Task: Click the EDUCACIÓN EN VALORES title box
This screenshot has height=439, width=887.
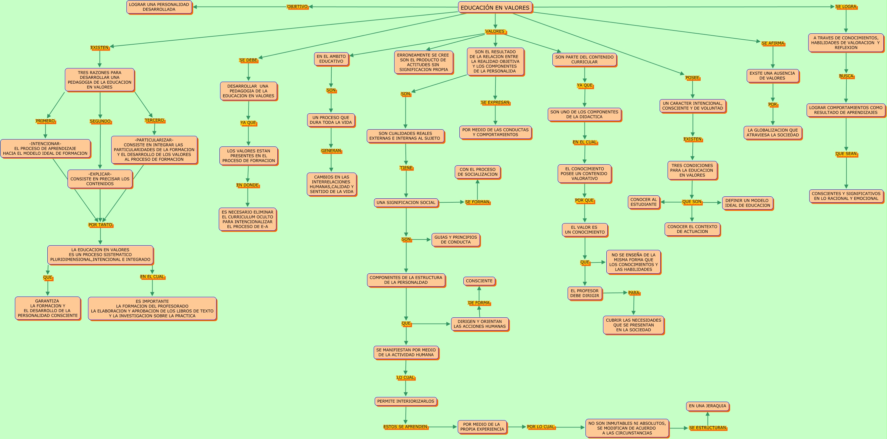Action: (495, 8)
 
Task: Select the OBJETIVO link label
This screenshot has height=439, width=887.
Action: (297, 7)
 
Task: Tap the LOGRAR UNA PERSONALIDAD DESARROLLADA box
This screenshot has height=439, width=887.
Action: (159, 7)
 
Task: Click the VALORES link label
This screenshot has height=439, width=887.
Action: (495, 31)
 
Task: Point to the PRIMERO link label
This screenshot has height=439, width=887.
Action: (45, 121)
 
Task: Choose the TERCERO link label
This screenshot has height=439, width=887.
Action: (154, 120)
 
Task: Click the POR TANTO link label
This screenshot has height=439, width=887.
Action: (100, 225)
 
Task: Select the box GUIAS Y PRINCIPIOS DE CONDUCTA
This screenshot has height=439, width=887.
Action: (455, 239)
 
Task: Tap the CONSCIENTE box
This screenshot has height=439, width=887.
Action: (479, 281)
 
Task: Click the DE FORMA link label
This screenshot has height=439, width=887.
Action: (479, 302)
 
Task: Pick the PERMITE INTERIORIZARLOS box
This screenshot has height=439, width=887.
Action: (406, 401)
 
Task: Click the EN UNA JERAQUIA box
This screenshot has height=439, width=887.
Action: (707, 406)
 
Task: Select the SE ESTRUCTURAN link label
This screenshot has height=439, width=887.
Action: (707, 428)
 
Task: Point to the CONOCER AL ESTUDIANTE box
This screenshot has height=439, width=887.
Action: (643, 202)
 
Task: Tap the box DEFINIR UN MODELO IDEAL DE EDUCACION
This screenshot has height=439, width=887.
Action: (747, 203)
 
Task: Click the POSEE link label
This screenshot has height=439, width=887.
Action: (692, 77)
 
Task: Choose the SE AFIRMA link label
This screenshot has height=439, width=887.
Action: (773, 43)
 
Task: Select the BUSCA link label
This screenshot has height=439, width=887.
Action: (846, 76)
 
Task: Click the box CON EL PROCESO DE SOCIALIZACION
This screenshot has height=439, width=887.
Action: (477, 172)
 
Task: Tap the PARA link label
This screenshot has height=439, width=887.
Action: (633, 293)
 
